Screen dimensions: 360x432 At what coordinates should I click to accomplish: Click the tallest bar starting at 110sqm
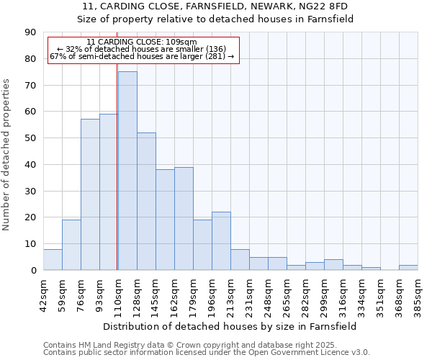127,171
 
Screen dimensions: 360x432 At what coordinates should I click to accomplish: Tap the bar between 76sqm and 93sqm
90,194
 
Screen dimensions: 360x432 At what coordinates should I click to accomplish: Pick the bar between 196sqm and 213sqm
221,241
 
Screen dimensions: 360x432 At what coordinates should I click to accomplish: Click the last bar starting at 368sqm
408,267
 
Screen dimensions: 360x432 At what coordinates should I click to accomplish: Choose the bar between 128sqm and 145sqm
146,201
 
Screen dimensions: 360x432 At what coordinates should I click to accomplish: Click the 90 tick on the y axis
30,32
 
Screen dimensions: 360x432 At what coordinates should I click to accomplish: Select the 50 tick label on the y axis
30,138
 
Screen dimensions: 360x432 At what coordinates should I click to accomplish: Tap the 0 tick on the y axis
33,270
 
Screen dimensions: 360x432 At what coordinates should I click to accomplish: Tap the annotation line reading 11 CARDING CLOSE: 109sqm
141,42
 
